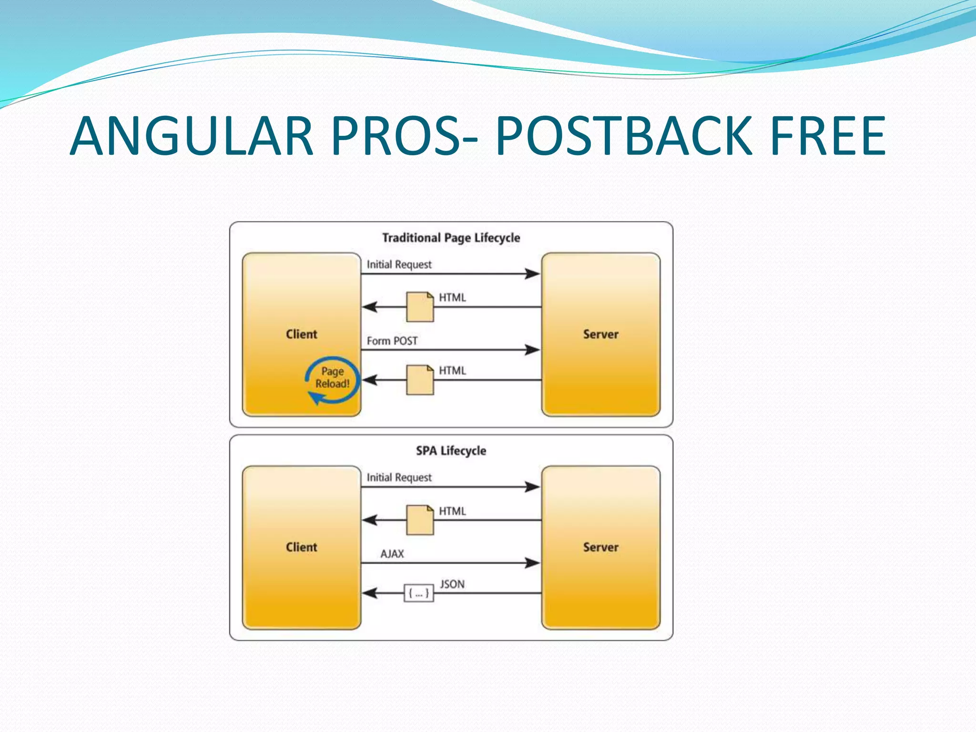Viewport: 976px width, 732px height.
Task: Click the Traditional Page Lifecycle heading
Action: click(451, 237)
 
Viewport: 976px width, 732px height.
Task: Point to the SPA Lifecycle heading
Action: click(451, 450)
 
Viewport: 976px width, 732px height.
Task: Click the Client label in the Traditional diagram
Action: click(301, 334)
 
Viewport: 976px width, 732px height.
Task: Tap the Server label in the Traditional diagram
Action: click(600, 334)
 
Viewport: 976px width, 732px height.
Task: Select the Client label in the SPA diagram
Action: click(301, 547)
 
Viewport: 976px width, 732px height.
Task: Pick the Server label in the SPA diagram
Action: click(600, 547)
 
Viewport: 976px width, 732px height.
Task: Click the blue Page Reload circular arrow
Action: click(332, 380)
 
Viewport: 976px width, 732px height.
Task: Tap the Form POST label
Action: click(392, 341)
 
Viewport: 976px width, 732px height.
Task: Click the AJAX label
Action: click(392, 554)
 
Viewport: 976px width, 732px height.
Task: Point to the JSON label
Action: click(452, 584)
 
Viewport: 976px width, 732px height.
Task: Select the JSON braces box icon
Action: click(419, 593)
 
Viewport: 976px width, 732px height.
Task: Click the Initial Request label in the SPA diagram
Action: click(399, 478)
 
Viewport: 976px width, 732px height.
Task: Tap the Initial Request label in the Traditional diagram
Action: click(399, 264)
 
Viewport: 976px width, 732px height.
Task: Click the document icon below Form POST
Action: click(420, 380)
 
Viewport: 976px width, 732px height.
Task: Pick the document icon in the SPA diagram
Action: click(420, 520)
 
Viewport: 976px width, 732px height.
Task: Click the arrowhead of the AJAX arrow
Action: click(532, 563)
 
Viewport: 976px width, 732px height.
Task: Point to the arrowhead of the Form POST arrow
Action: click(532, 350)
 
